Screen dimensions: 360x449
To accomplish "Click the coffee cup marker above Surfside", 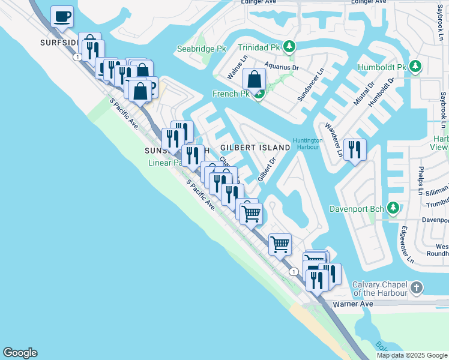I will tap(62, 17).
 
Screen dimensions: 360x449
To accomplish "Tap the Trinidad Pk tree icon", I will tap(289, 46).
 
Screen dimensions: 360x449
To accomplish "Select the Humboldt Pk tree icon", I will tap(414, 66).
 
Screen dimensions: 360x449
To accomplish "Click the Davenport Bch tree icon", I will tap(393, 208).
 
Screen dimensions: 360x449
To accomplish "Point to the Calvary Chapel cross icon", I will tap(417, 288).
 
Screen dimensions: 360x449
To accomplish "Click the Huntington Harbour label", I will tap(307, 145).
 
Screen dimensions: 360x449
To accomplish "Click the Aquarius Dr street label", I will tap(283, 68).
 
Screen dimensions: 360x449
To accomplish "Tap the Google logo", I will tap(20, 353).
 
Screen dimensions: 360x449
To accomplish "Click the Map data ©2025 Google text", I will tap(411, 355).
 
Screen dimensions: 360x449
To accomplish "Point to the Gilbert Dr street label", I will tap(266, 169).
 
